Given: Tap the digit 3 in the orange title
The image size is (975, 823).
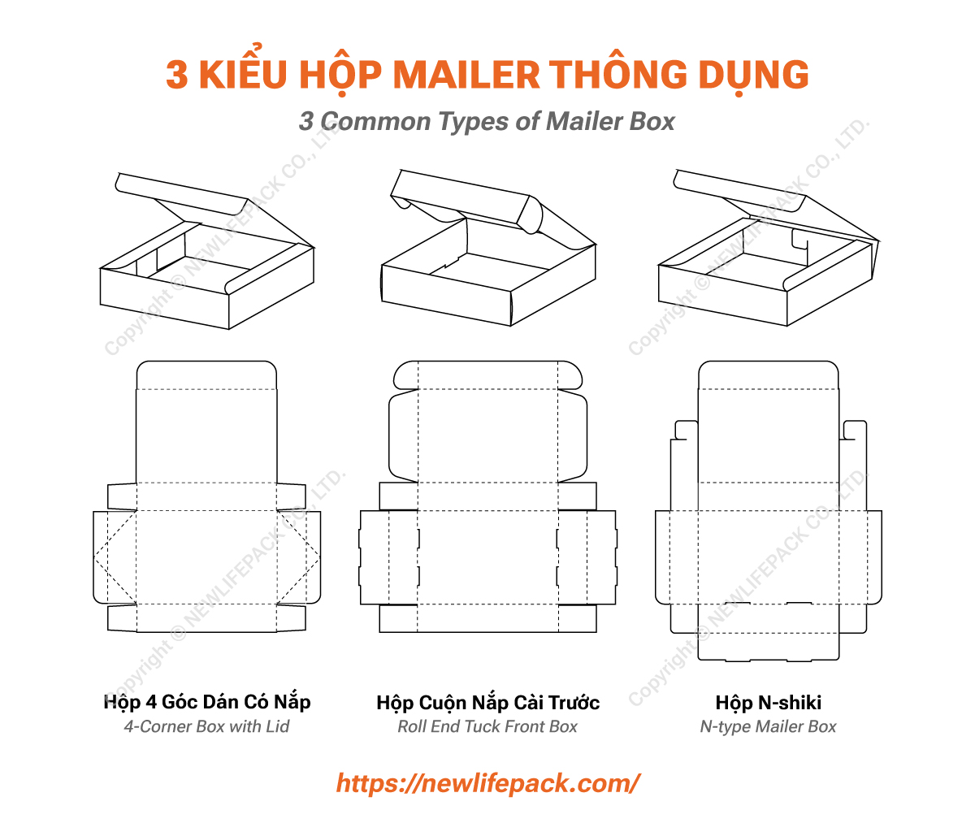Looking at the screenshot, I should [177, 75].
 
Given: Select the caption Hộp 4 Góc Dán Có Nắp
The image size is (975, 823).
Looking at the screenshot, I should [207, 702].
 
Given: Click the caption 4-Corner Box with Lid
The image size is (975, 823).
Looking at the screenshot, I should [206, 726].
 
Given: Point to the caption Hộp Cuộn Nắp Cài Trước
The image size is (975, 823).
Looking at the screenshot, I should [487, 703].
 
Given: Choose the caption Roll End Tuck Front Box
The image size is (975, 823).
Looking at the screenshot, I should [487, 727].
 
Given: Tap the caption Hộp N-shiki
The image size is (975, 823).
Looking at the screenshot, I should [769, 703].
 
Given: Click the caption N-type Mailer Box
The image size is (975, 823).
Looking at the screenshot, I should [769, 727].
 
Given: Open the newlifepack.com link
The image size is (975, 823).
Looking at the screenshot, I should [487, 783].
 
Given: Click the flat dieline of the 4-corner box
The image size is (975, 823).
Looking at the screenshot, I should [206, 520].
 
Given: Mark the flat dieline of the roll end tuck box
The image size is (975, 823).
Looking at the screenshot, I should [487, 520].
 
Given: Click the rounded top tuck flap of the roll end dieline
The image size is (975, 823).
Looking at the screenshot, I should [487, 375].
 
